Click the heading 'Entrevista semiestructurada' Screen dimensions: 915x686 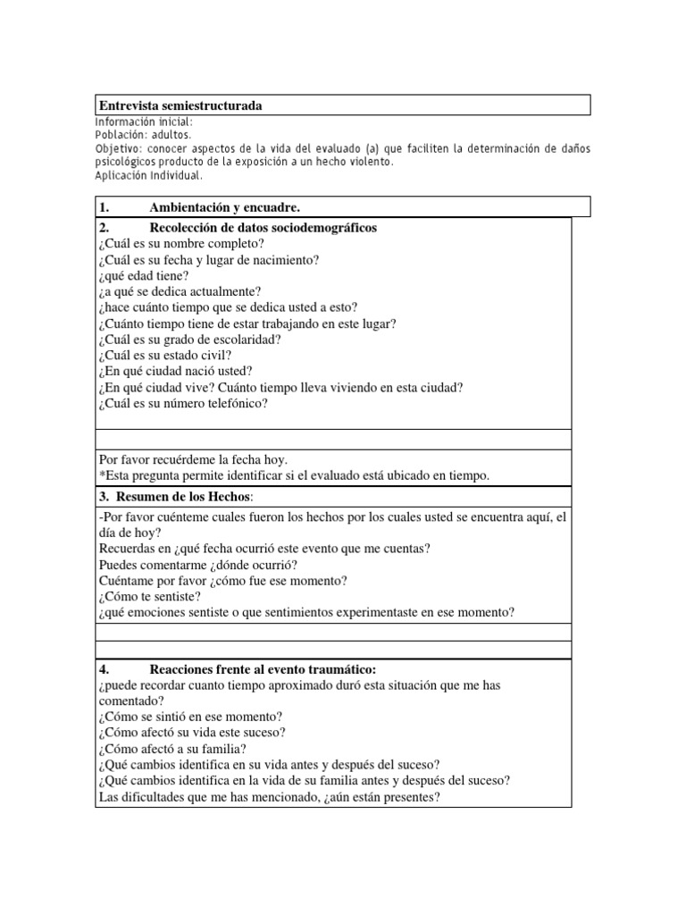[x=180, y=106]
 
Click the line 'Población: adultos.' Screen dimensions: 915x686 [x=143, y=134]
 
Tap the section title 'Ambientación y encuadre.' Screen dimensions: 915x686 [x=224, y=208]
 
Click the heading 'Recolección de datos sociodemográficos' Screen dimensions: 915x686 [x=263, y=228]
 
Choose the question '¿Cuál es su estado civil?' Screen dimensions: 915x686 [x=167, y=356]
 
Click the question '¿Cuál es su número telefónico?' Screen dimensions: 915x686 [x=183, y=403]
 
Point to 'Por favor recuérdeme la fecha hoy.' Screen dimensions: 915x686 [x=193, y=459]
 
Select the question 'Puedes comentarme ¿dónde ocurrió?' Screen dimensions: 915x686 [x=198, y=565]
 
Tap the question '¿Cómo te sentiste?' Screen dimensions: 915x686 [x=149, y=596]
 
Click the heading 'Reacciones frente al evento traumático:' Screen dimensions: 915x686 [x=263, y=669]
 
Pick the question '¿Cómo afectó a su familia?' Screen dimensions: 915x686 [x=172, y=749]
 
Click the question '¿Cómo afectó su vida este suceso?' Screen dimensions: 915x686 [x=192, y=733]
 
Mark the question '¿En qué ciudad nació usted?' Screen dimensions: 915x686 [x=175, y=372]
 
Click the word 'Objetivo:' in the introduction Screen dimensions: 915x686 [x=120, y=147]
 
